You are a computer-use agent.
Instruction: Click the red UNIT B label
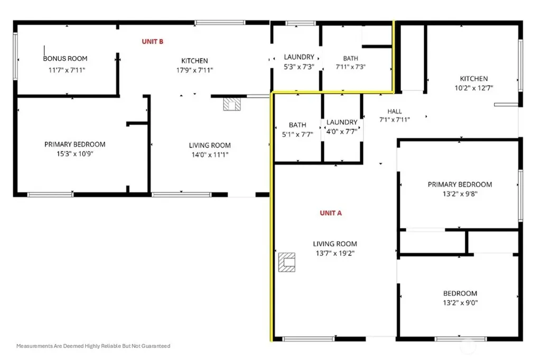(x=153, y=41)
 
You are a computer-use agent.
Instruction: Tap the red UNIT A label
(x=331, y=213)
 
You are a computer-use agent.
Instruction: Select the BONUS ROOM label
(x=65, y=59)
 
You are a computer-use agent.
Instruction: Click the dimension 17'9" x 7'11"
(x=194, y=70)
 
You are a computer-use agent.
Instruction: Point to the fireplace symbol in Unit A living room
(x=287, y=262)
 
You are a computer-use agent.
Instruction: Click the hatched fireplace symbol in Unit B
(x=232, y=104)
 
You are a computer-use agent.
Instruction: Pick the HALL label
(x=395, y=111)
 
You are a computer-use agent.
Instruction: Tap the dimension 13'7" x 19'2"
(x=335, y=253)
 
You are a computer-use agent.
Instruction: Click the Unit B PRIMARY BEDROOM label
(x=75, y=144)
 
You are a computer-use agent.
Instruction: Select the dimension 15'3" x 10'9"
(x=75, y=154)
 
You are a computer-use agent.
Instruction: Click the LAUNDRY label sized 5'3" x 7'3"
(x=299, y=57)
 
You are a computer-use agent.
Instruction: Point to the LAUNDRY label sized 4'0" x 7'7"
(x=342, y=122)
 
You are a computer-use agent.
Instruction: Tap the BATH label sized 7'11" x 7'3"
(x=351, y=58)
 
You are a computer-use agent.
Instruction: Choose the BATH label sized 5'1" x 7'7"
(x=297, y=125)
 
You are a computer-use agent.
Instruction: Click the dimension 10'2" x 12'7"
(x=474, y=88)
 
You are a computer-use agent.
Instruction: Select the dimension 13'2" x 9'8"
(x=460, y=193)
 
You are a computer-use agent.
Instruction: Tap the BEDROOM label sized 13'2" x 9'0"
(x=460, y=293)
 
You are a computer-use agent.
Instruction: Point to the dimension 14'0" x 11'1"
(x=210, y=155)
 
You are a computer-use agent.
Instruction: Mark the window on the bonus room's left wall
(x=15, y=56)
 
